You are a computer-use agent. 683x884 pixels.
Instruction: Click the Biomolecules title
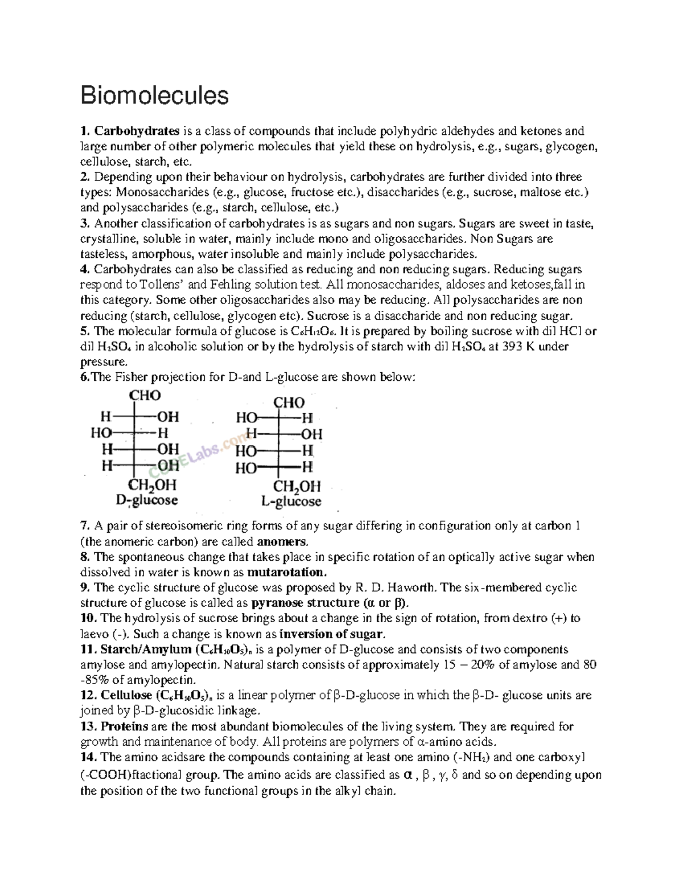[154, 96]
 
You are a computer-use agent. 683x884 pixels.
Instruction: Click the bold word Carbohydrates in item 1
[137, 131]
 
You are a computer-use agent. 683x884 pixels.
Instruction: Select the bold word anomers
[282, 541]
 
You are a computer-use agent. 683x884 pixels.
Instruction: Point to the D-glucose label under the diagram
[147, 500]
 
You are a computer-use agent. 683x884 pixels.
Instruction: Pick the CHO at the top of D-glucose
[145, 396]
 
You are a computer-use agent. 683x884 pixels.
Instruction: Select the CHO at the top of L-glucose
[289, 402]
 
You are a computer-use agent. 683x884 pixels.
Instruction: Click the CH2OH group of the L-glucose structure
[297, 487]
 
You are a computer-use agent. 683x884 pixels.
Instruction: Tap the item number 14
[89, 757]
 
